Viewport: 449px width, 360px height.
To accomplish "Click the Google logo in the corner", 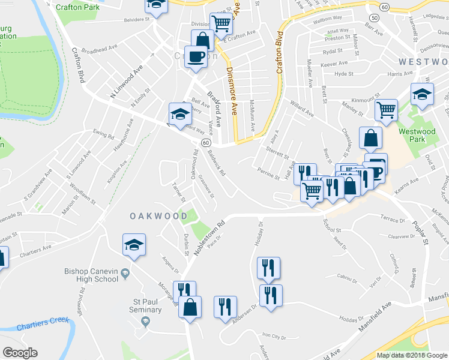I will pyautogui.click(x=20, y=353).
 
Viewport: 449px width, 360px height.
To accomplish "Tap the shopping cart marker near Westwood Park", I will pyautogui.click(x=386, y=110).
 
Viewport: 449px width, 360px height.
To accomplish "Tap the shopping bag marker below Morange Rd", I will pyautogui.click(x=190, y=307).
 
